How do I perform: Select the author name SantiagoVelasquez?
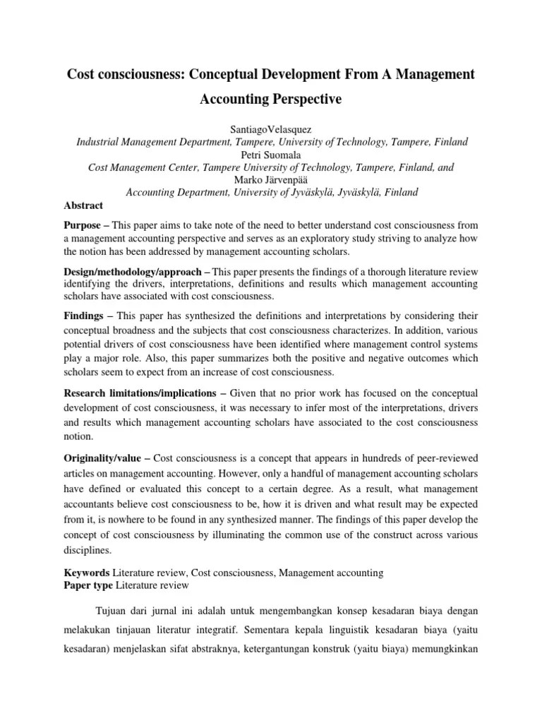pos(271,129)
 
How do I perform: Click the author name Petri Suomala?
pos(271,155)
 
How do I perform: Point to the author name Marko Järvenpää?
pos(271,180)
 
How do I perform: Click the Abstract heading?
pos(83,205)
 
